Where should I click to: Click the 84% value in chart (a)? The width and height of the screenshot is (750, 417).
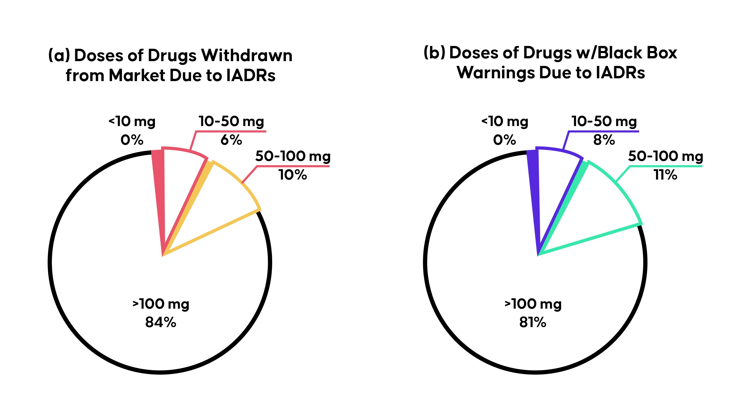click(x=160, y=322)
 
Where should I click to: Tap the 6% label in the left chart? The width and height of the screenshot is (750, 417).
click(x=231, y=140)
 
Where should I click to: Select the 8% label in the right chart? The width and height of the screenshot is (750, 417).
click(x=604, y=140)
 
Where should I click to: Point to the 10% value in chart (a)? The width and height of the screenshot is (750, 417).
click(x=293, y=175)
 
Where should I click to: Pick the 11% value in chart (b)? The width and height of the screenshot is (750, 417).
click(x=665, y=175)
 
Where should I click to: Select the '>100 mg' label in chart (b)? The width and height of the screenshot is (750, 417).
click(x=533, y=304)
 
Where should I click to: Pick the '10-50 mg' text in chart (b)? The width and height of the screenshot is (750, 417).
click(x=604, y=121)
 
